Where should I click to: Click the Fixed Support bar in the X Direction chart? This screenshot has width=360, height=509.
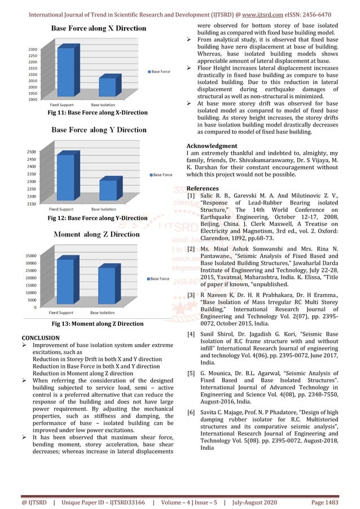pyautogui.click(x=65, y=73)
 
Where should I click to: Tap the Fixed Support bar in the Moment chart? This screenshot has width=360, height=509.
pyautogui.click(x=65, y=283)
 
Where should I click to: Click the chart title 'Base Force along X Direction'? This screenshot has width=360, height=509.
pyautogui.click(x=99, y=28)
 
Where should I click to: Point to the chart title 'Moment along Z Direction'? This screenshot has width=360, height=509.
pyautogui.click(x=96, y=234)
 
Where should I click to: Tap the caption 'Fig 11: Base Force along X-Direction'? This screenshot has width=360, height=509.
pyautogui.click(x=97, y=113)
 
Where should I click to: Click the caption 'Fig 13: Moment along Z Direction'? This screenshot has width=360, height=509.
pyautogui.click(x=98, y=324)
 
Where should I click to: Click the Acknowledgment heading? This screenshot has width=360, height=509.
pyautogui.click(x=212, y=146)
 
